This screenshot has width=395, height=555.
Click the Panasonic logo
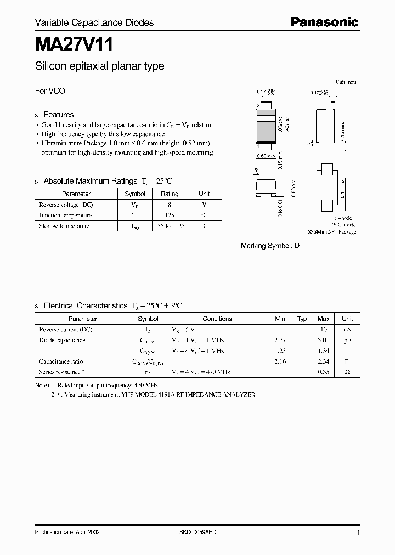click(324, 22)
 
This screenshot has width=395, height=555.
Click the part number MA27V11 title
click(75, 43)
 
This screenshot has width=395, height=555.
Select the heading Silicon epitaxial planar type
click(99, 66)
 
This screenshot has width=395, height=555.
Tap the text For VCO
click(50, 91)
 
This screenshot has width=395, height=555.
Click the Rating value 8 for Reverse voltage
click(170, 205)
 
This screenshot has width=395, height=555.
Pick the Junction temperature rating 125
click(170, 216)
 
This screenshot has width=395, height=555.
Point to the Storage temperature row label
click(64, 226)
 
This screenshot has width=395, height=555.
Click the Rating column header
click(170, 194)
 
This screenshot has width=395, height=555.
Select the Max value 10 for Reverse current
click(323, 330)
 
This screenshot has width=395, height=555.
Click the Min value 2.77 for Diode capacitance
click(280, 341)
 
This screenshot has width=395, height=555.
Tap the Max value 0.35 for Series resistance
click(323, 372)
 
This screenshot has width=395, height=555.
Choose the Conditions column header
click(217, 319)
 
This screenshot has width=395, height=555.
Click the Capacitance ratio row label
click(61, 361)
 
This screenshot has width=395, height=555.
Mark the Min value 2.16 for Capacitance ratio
click(280, 361)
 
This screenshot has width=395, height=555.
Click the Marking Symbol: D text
click(270, 246)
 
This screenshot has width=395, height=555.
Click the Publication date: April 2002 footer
click(67, 533)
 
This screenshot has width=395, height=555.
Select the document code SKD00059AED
click(202, 533)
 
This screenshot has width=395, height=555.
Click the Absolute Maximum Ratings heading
click(90, 181)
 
